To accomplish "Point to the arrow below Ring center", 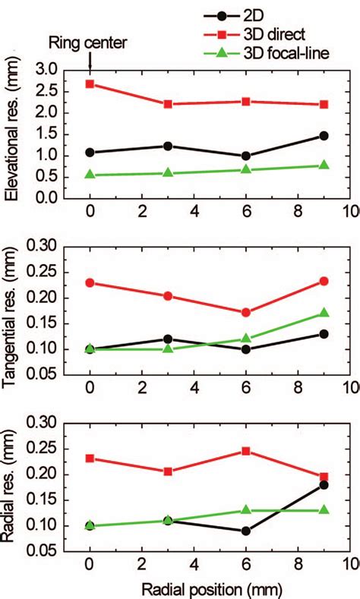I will pyautogui.click(x=90, y=61).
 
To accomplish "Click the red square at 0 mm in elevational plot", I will pyautogui.click(x=90, y=84).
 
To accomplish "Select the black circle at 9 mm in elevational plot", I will pyautogui.click(x=324, y=136).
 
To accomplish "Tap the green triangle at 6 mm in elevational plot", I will pyautogui.click(x=246, y=169).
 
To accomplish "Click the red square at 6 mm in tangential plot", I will pyautogui.click(x=246, y=312).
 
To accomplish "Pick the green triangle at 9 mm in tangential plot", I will pyautogui.click(x=324, y=313).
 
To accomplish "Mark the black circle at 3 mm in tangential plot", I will pyautogui.click(x=168, y=339).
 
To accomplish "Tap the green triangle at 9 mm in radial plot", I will pyautogui.click(x=324, y=509).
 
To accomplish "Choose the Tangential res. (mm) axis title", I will pyautogui.click(x=13, y=315).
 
